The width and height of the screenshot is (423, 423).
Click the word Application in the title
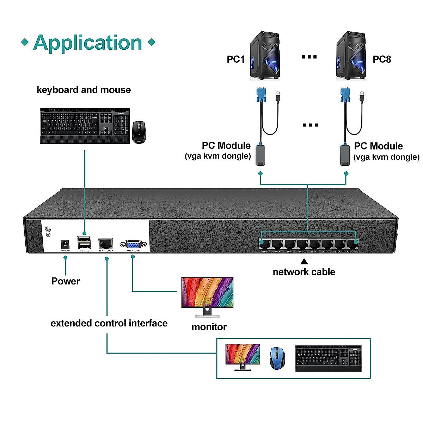tap(87, 43)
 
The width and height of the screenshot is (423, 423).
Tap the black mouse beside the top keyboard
tap(139, 132)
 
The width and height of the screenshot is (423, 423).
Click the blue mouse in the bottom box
tap(277, 358)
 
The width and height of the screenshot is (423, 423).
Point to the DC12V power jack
tap(65, 244)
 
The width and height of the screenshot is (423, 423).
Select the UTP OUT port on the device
tap(106, 244)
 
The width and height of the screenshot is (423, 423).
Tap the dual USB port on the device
tap(84, 243)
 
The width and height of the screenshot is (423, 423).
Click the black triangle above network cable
tap(304, 262)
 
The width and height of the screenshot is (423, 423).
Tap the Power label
tap(66, 281)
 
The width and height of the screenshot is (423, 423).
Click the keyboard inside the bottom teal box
tap(328, 358)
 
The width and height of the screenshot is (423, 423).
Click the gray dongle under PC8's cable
tap(345, 155)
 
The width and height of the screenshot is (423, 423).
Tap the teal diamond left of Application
tap(25, 43)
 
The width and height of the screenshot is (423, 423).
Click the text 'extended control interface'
tap(109, 323)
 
